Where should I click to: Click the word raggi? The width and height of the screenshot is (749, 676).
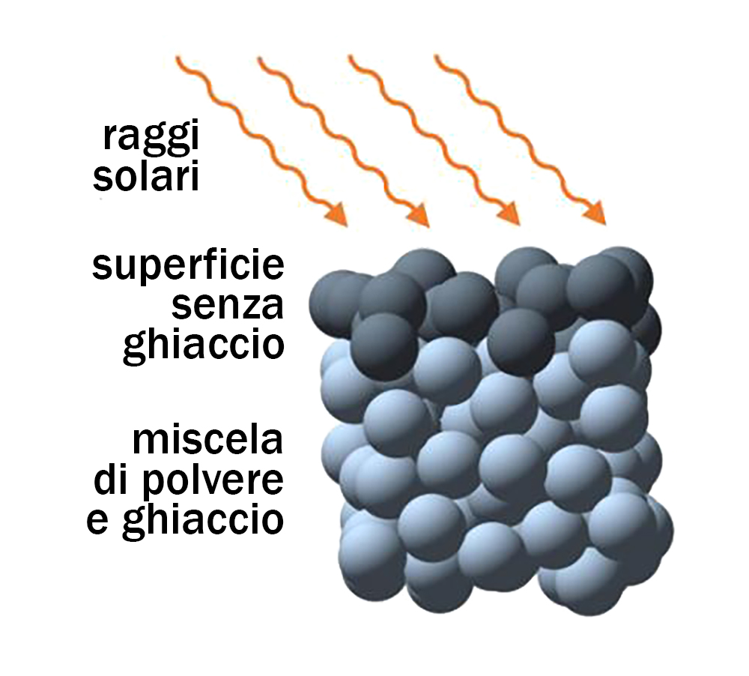point(151,138)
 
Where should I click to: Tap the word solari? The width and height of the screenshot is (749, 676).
point(146,176)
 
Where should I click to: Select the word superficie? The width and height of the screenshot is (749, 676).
point(188,267)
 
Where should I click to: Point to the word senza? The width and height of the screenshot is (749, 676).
point(228,307)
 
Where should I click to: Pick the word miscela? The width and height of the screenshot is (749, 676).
point(207,440)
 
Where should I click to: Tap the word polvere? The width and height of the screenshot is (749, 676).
point(213,481)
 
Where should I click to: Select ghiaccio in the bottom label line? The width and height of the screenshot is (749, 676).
point(203,520)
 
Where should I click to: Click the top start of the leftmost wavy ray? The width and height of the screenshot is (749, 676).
point(178,58)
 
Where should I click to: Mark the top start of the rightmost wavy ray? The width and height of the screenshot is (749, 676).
point(436,57)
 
